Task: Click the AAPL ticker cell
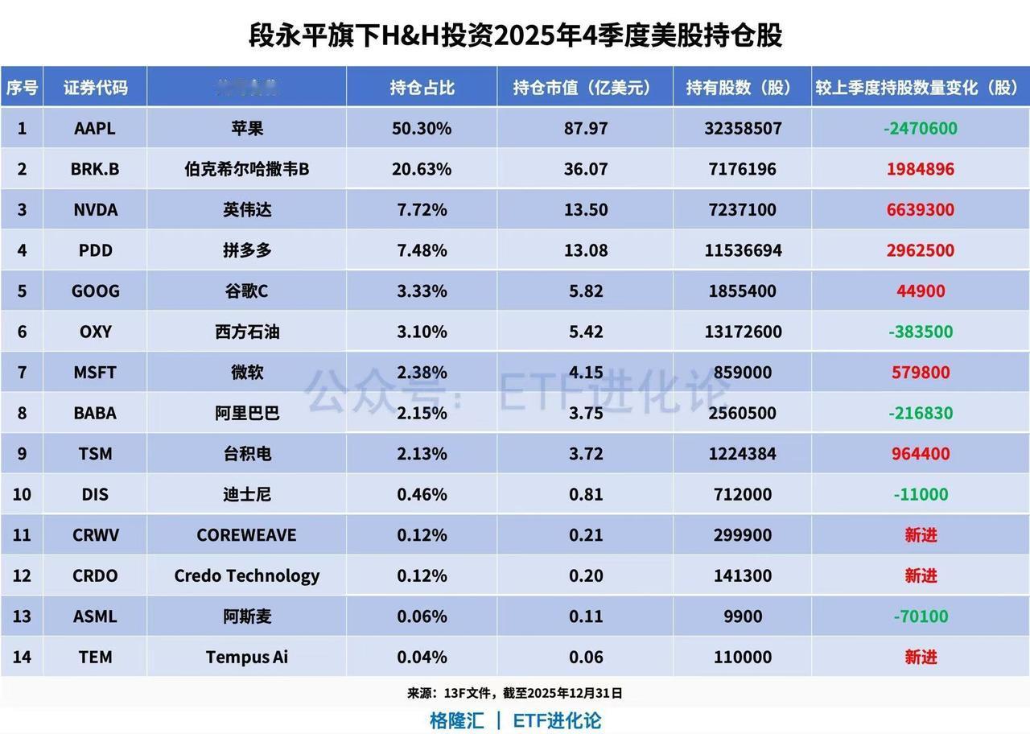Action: click(95, 128)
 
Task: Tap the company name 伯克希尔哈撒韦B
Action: click(246, 169)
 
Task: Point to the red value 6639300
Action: click(921, 210)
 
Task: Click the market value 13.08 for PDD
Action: click(585, 250)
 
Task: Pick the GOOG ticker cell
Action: click(95, 291)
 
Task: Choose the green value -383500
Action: click(921, 332)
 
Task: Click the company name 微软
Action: click(246, 373)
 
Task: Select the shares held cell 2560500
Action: click(742, 413)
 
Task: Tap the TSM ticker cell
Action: click(95, 454)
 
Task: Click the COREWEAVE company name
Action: click(246, 535)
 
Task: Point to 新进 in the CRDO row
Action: click(921, 575)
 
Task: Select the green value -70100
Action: click(921, 616)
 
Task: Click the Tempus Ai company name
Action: click(246, 657)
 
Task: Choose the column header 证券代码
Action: click(95, 87)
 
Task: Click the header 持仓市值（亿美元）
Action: click(585, 87)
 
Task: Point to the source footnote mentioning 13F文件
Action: click(515, 693)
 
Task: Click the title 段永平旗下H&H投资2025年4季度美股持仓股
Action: click(515, 35)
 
